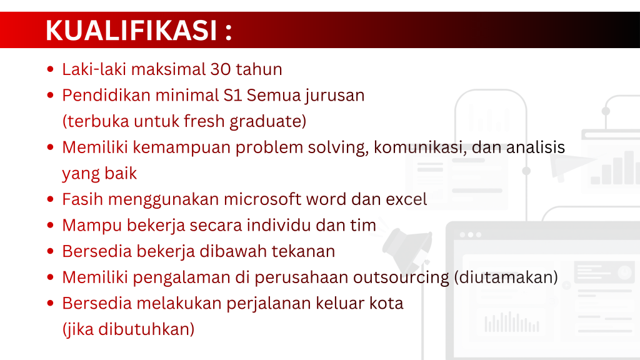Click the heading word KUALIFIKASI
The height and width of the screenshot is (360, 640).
tap(131, 30)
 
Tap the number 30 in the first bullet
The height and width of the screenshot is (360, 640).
tap(221, 69)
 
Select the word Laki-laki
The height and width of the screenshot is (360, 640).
tap(94, 69)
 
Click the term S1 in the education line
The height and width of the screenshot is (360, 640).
tap(232, 95)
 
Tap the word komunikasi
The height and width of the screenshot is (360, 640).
tap(420, 147)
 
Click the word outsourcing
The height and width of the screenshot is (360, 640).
tap(401, 278)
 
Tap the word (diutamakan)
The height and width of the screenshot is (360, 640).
tap(506, 277)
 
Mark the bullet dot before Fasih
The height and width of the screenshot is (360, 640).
tap(50, 199)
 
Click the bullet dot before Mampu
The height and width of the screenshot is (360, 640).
tap(50, 225)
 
